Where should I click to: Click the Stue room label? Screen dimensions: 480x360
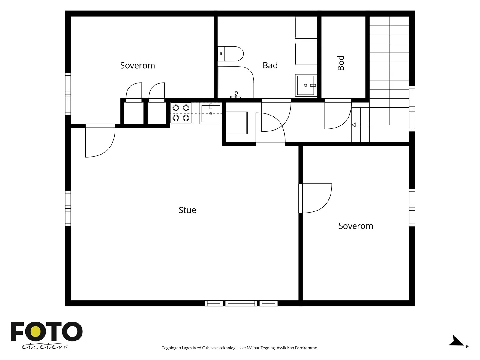[187, 210]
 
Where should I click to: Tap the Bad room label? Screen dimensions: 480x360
[270, 65]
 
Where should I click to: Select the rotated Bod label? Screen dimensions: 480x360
[341, 63]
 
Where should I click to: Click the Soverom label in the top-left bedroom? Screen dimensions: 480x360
[137, 66]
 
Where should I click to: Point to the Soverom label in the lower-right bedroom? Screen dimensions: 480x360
[355, 226]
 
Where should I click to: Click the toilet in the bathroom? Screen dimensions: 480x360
[230, 54]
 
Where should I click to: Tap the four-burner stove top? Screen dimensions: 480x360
[181, 113]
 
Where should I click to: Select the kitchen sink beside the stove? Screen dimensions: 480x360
[211, 113]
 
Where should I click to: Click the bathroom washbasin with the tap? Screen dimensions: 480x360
[306, 85]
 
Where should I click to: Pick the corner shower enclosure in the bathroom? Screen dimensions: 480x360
[236, 82]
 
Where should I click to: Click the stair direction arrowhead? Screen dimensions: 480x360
[354, 125]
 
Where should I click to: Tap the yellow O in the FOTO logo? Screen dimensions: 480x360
[36, 331]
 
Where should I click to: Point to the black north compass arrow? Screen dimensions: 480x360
[456, 341]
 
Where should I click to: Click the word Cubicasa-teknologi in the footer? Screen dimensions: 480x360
[220, 348]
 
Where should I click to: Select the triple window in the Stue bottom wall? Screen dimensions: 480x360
[241, 303]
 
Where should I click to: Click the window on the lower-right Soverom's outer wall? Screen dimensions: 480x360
[412, 208]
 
